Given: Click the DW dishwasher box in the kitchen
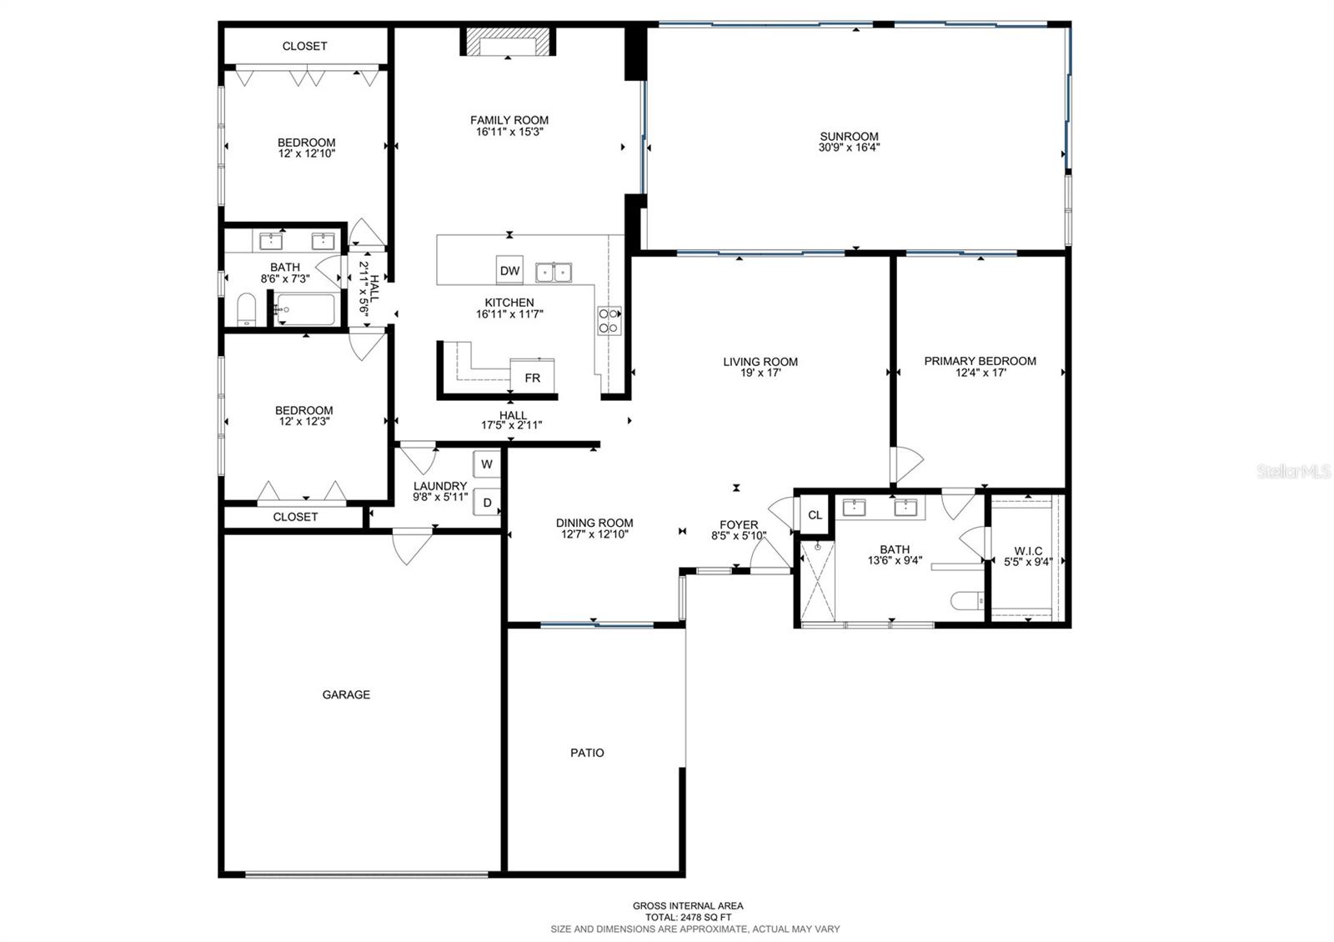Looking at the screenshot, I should [x=509, y=270].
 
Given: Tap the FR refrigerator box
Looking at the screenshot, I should [x=532, y=378].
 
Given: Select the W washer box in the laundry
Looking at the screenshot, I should [x=487, y=464].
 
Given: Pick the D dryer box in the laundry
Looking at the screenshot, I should [x=487, y=503].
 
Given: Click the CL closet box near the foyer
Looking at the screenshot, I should [x=815, y=515].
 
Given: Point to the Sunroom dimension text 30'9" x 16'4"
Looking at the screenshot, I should [x=849, y=148].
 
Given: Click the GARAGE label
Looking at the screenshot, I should [x=346, y=694].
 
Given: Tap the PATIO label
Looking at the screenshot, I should [x=587, y=753].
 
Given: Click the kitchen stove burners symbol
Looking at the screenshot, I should [x=609, y=321].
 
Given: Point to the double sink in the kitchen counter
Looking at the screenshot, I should [x=554, y=272].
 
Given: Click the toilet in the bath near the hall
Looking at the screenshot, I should [x=247, y=310].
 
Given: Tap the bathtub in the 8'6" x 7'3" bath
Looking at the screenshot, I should [x=305, y=309].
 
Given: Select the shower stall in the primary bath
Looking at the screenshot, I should [x=817, y=581].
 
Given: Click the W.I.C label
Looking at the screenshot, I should [x=1028, y=551].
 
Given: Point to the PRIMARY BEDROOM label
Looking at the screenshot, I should [x=980, y=361].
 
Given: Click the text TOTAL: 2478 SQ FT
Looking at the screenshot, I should [x=688, y=917].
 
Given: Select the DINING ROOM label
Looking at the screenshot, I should [x=594, y=523].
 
